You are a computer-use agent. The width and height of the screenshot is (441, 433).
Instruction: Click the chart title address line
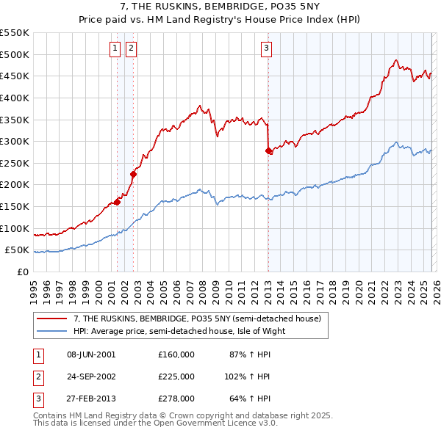pos(220,7)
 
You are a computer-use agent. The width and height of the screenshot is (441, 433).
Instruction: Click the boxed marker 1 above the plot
pos(116,49)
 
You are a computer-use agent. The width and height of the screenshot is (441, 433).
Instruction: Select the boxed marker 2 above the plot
pos(131,49)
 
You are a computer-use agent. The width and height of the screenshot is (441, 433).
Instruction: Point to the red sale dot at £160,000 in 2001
pos(117,202)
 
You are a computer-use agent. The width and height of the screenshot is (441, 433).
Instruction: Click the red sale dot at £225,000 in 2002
pos(134,174)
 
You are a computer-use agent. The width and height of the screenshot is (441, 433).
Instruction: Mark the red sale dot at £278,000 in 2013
pos(268,150)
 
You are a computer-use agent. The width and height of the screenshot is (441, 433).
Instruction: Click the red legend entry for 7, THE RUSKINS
pos(197,319)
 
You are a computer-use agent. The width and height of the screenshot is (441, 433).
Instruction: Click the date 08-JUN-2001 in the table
pos(91,354)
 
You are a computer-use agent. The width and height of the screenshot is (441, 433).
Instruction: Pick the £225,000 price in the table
pos(176,376)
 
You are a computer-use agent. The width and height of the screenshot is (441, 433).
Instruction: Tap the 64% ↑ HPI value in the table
pos(250,399)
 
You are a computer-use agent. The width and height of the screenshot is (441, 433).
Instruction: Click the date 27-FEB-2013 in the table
pos(91,399)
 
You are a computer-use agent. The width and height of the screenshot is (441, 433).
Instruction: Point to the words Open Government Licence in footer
pos(220,423)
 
